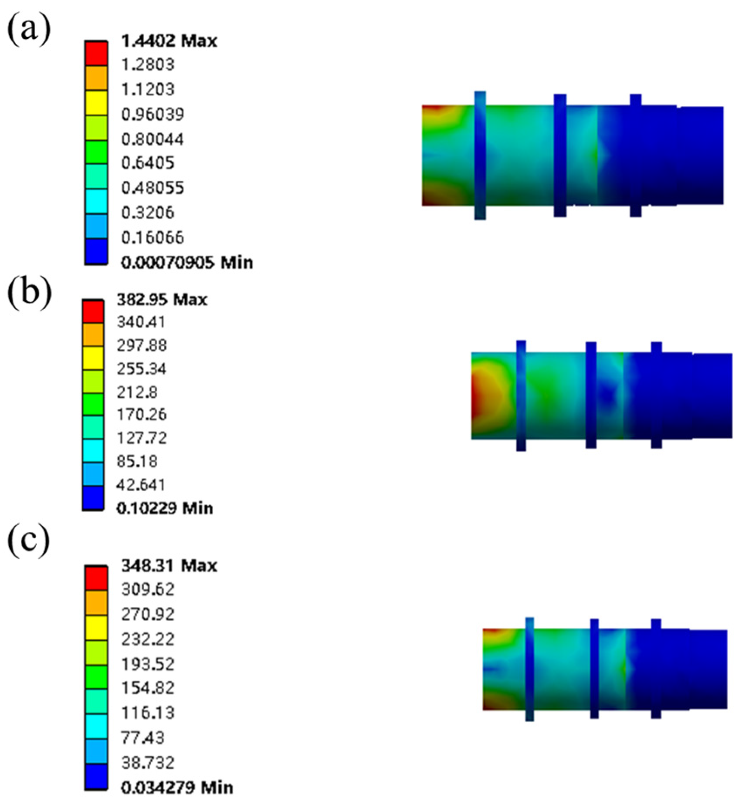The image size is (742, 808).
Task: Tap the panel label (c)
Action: pyautogui.click(x=29, y=541)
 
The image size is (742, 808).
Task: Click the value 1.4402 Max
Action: pyautogui.click(x=169, y=41)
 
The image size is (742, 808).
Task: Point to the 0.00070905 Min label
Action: pyautogui.click(x=187, y=263)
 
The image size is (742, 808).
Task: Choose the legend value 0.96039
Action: pyautogui.click(x=152, y=114)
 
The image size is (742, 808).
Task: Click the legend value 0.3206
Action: pyautogui.click(x=148, y=213)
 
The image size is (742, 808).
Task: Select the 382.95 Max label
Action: pyautogui.click(x=162, y=300)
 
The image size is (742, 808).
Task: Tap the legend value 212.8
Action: pyautogui.click(x=137, y=392)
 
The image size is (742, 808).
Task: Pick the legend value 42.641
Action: pyautogui.click(x=141, y=485)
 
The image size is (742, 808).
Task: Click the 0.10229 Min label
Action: pyautogui.click(x=165, y=508)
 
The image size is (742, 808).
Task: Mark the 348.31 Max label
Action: pyautogui.click(x=169, y=566)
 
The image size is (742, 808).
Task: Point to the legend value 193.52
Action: pyautogui.click(x=148, y=664)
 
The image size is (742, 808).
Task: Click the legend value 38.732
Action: pyautogui.click(x=148, y=762)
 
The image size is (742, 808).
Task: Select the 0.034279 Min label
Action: pyautogui.click(x=177, y=787)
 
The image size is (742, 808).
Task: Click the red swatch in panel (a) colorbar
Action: pyautogui.click(x=96, y=54)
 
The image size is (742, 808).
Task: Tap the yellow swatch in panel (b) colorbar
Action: pyautogui.click(x=93, y=358)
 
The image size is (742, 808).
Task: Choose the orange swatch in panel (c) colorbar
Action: pyautogui.click(x=96, y=603)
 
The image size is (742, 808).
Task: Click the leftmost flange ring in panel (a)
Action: pyautogui.click(x=480, y=155)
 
